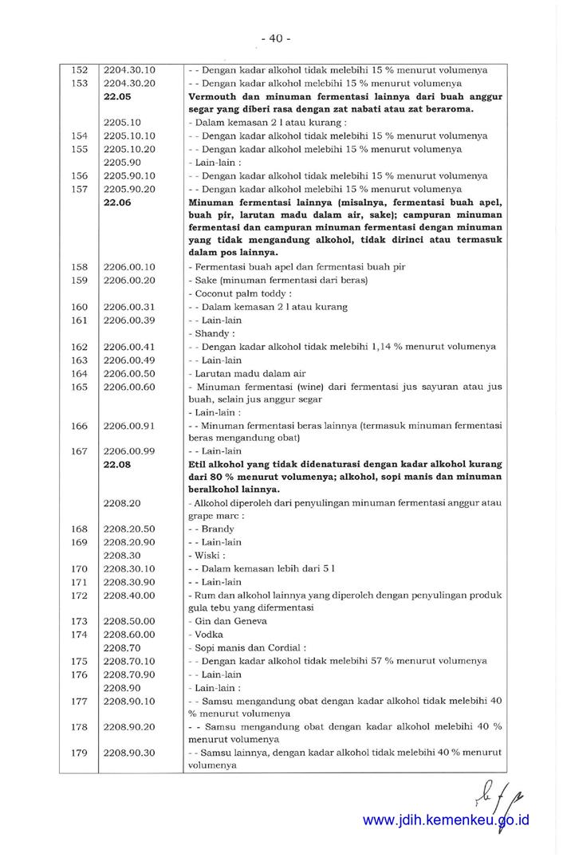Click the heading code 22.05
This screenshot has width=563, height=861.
[x=117, y=96]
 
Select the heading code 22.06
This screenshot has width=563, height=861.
[x=117, y=202]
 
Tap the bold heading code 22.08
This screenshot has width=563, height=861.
[x=117, y=464]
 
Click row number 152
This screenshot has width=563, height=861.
[x=79, y=70]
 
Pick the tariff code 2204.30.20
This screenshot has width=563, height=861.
[x=129, y=84]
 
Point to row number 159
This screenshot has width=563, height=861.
[x=79, y=281]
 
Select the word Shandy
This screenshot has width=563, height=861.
[x=211, y=333]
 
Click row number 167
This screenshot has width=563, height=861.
[x=79, y=451]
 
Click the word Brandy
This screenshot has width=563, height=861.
[x=218, y=529]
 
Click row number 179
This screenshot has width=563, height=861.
[x=79, y=753]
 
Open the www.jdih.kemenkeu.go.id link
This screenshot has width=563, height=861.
[x=446, y=820]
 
